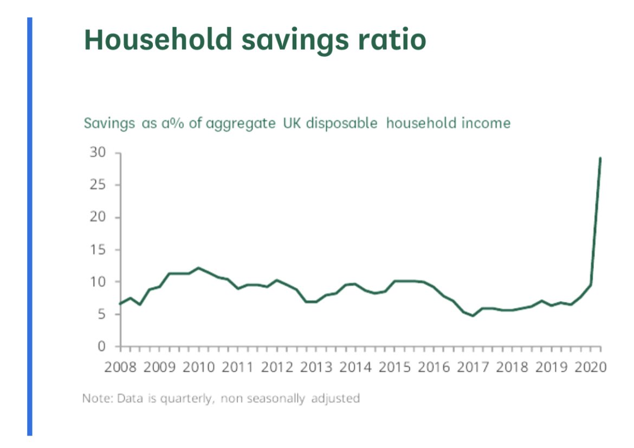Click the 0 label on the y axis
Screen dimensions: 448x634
tap(101, 346)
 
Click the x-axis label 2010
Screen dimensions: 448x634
tap(198, 367)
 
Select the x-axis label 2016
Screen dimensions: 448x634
tap(434, 367)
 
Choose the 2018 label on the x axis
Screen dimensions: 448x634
tap(513, 367)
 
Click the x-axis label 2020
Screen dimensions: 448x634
tap(591, 367)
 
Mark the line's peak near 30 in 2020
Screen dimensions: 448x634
tap(600, 158)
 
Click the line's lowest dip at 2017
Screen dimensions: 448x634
tap(473, 315)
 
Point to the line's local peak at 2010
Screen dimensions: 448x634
tap(198, 268)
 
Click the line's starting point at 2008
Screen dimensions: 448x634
tap(120, 303)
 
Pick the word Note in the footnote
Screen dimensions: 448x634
tap(94, 399)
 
